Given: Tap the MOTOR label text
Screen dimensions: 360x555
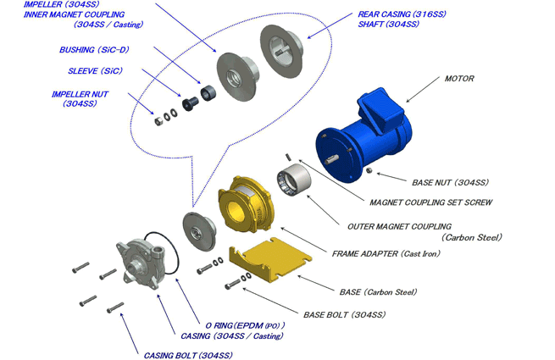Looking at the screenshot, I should pos(459,79).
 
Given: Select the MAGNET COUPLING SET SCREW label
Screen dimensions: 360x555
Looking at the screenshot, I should pos(431,202).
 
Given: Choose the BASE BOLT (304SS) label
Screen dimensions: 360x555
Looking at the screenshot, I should pos(337,313).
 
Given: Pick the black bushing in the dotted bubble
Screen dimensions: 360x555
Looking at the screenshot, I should pos(204,90).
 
